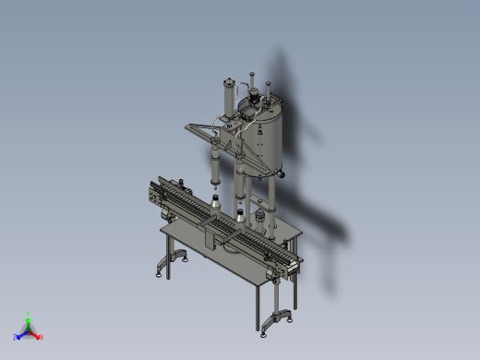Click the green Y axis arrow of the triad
pos(28,318)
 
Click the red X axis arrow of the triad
pos(39,336)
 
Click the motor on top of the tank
pos(246,104)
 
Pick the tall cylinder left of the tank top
pos(227,98)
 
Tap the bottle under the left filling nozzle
pos(214,202)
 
